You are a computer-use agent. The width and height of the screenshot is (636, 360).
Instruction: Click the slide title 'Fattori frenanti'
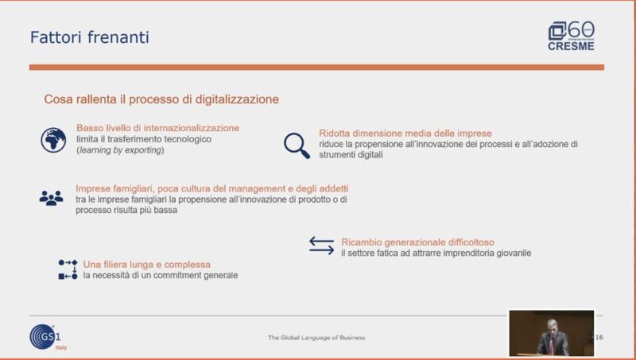click(x=90, y=37)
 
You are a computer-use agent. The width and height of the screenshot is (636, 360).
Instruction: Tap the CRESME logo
click(x=571, y=36)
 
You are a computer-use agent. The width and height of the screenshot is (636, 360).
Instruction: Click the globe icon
click(x=53, y=141)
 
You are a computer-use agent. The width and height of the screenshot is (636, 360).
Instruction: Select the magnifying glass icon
click(x=297, y=145)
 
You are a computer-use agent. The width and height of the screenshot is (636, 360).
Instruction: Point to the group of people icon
click(x=51, y=198)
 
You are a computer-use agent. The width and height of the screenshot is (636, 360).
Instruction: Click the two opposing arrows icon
click(x=322, y=246)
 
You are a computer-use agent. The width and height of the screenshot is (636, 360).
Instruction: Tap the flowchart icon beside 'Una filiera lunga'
click(x=68, y=269)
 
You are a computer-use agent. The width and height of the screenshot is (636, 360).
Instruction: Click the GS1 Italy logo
click(x=48, y=337)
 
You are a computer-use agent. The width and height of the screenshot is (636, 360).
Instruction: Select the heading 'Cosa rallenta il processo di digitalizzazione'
click(x=161, y=99)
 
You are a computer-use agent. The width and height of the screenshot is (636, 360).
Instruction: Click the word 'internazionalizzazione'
click(x=192, y=128)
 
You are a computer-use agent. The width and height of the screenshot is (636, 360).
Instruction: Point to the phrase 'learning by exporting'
click(x=121, y=150)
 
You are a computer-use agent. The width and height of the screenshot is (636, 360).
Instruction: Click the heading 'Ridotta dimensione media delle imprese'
click(x=405, y=134)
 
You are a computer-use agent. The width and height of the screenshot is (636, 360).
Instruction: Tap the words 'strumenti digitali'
click(x=351, y=154)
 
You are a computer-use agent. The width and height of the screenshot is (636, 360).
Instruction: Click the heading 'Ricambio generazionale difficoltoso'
click(x=418, y=242)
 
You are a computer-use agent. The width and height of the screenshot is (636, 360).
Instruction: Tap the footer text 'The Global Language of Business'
click(x=316, y=337)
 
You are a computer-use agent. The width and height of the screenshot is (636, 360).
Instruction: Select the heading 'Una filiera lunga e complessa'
click(x=147, y=265)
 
